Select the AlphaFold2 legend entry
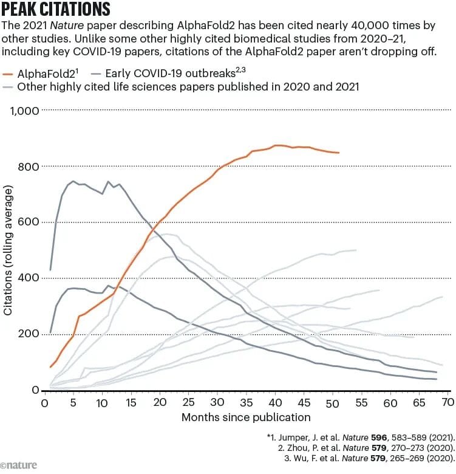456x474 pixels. [46, 74]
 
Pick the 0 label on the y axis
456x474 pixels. [35, 390]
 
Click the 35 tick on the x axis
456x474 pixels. [246, 403]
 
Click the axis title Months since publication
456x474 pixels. [246, 417]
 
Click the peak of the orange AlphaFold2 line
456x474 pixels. [277, 145]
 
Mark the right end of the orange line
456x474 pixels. [339, 153]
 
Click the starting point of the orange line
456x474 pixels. [50, 367]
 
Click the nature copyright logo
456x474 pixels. [19, 465]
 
